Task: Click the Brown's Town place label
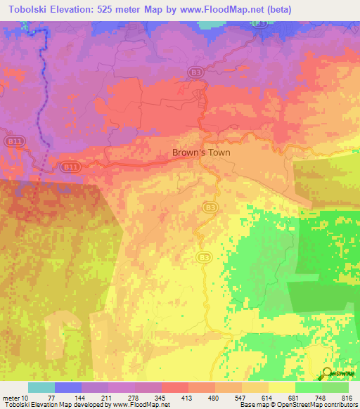point(201,152)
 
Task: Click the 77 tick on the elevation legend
point(53,398)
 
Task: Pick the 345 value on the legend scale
point(161,398)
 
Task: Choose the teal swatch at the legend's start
point(41,387)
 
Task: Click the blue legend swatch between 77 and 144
point(67,387)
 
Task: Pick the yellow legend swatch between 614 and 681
point(282,387)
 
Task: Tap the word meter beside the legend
point(11,398)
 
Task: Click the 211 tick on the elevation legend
point(108,398)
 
